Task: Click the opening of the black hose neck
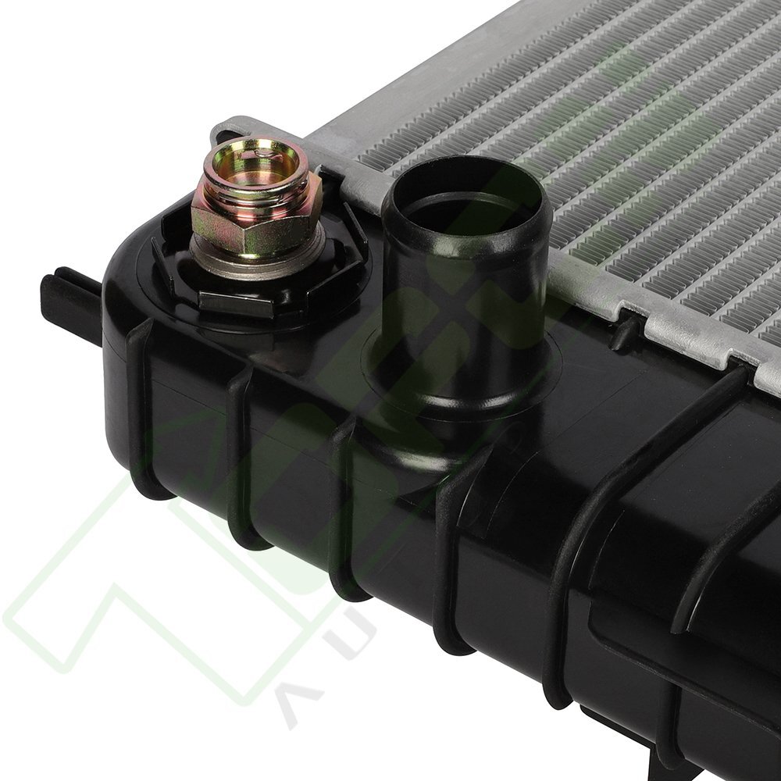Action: click(x=466, y=207)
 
